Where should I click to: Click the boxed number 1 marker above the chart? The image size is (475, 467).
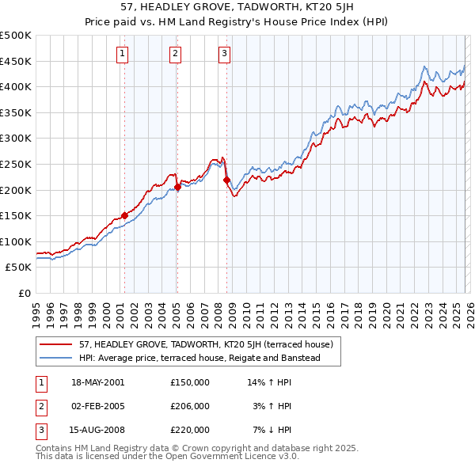[x=123, y=54]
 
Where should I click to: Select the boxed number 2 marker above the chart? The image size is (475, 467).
[x=175, y=54]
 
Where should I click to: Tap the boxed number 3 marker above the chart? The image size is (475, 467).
[x=225, y=54]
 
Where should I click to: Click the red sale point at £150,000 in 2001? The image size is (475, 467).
[x=124, y=215]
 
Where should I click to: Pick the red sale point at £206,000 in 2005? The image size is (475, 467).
[x=177, y=187]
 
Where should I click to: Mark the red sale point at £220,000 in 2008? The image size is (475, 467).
[x=226, y=180]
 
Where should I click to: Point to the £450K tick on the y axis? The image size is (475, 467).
[x=16, y=61]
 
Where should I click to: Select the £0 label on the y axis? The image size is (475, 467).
[x=24, y=293]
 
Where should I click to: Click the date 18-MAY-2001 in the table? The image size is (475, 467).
[x=98, y=382]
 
